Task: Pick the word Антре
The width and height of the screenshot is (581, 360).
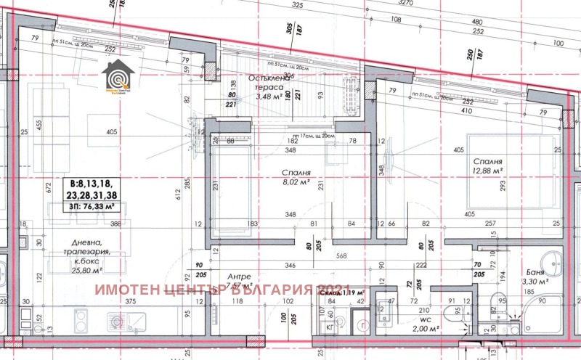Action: coord(239,276)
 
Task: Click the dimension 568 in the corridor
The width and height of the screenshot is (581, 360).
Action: coord(341,255)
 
